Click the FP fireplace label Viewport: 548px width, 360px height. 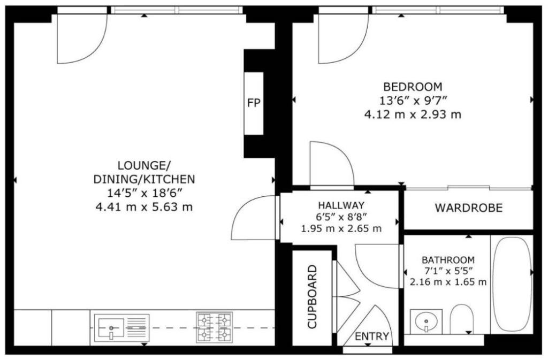pos(254,103)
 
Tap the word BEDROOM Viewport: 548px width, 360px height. pos(413,86)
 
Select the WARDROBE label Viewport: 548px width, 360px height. pos(468,208)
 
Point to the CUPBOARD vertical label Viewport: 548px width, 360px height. pos(312,297)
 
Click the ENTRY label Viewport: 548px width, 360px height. pos(372,336)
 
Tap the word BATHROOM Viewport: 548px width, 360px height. pos(448,260)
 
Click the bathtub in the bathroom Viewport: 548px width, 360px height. pos(512,284)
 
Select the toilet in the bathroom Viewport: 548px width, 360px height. pos(462,319)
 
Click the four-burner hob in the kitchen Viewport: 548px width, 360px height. pos(215,327)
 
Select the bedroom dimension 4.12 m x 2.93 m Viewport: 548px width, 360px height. pos(413,114)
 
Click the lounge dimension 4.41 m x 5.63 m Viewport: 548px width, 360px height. pos(144,207)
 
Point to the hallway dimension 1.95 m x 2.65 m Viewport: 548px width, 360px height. pos(341,229)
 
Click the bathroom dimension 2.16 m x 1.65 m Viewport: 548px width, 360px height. pos(448,282)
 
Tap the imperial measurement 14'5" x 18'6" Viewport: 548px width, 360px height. pos(144,193)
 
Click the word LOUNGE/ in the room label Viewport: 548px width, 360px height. pos(144,165)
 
